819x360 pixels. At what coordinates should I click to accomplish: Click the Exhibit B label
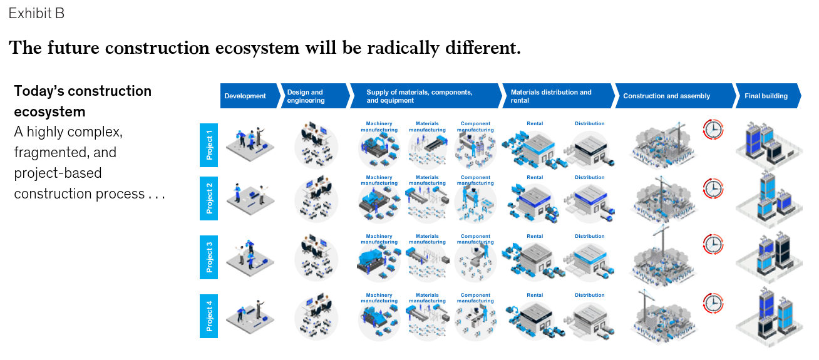pyautogui.click(x=36, y=14)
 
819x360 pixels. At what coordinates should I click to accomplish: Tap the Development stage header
pyautogui.click(x=249, y=96)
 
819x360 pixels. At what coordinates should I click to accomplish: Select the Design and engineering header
pyautogui.click(x=315, y=96)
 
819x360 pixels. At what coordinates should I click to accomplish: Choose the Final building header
pyautogui.click(x=768, y=96)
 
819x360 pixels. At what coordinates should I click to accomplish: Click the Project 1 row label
pyautogui.click(x=209, y=145)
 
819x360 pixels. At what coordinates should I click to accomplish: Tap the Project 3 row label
pyautogui.click(x=209, y=257)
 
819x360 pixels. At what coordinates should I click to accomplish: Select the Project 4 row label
pyautogui.click(x=209, y=316)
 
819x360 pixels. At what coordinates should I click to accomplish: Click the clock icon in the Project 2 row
pyautogui.click(x=713, y=188)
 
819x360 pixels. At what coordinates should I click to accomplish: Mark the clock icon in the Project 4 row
pyautogui.click(x=713, y=304)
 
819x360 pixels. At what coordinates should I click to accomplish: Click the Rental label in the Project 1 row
pyautogui.click(x=535, y=123)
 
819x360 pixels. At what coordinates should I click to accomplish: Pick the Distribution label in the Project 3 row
pyautogui.click(x=589, y=236)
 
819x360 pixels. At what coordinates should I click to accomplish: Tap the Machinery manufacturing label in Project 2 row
pyautogui.click(x=379, y=180)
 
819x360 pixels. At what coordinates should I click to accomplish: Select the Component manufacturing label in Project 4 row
pyautogui.click(x=475, y=298)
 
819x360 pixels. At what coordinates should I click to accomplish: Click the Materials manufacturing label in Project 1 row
pyautogui.click(x=427, y=126)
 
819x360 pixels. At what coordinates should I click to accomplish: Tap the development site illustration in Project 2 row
pyautogui.click(x=250, y=198)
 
